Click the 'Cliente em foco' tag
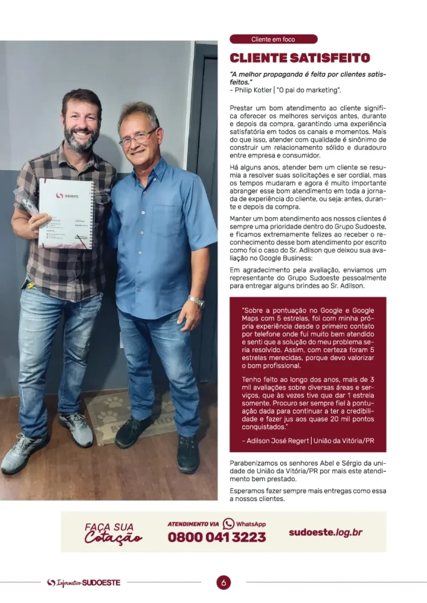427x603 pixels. click(x=273, y=39)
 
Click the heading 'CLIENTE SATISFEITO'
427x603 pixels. click(x=300, y=58)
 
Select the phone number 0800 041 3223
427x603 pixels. click(x=216, y=537)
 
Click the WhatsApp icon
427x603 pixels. click(x=228, y=524)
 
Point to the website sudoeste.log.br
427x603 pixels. click(x=325, y=532)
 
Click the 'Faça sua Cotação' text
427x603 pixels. click(x=113, y=533)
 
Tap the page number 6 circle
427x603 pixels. click(x=223, y=583)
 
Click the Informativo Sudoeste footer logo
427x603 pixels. click(x=84, y=583)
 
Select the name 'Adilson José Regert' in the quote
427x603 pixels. click(x=278, y=441)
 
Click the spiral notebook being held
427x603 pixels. click(x=66, y=213)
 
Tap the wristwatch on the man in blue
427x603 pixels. click(x=196, y=301)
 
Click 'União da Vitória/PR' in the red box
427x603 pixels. click(x=344, y=441)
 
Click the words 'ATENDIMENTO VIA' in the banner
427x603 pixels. click(x=193, y=524)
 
